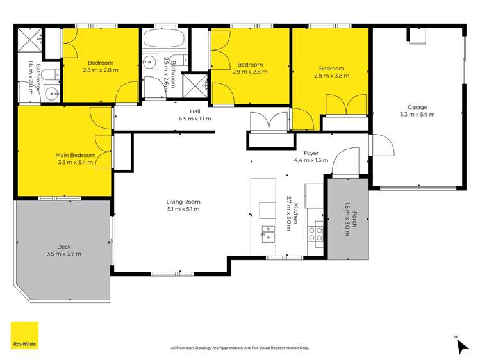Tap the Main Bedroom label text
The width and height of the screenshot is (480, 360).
click(75, 155)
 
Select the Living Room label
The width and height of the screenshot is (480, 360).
click(183, 202)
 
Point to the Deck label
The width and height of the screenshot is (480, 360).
click(63, 247)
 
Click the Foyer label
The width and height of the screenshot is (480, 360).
click(311, 153)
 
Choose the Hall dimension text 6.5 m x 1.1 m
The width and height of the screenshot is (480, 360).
click(195, 119)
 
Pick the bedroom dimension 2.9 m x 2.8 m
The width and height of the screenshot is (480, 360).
click(249, 72)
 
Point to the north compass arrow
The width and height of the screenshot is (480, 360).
click(461, 345)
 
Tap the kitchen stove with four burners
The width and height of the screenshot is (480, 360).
click(315, 233)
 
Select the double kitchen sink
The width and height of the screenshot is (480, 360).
click(268, 233)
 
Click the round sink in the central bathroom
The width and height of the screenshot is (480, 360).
click(149, 63)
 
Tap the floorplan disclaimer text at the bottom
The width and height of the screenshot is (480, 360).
click(240, 348)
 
